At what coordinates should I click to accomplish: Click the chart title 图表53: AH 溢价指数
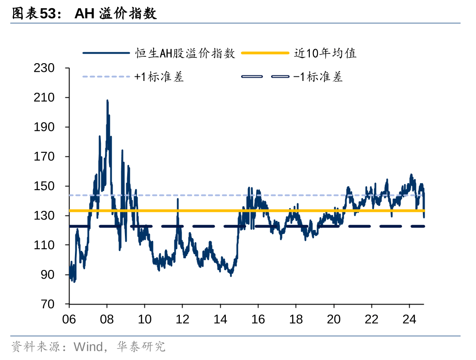(x=84, y=14)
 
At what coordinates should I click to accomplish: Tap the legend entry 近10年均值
(x=325, y=53)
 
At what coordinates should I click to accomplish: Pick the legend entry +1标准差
(x=159, y=77)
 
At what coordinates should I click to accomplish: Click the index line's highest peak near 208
(x=107, y=100)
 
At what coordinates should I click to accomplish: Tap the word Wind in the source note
(x=88, y=347)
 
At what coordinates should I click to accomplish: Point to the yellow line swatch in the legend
(x=265, y=53)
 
